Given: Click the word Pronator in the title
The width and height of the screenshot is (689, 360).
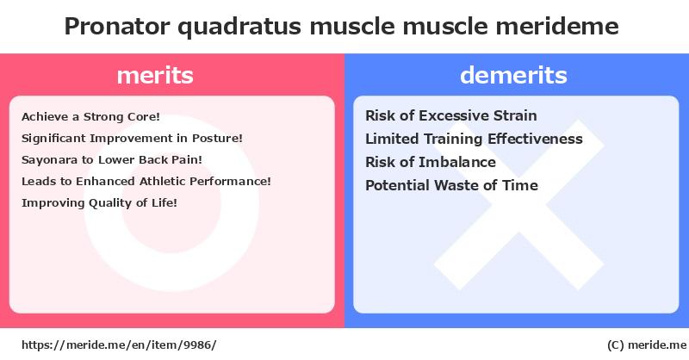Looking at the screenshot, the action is [117, 26].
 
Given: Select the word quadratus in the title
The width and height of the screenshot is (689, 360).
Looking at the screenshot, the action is [239, 28].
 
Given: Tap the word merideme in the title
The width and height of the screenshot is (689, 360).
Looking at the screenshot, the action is [557, 26].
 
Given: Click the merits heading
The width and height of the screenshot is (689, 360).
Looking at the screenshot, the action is [155, 75].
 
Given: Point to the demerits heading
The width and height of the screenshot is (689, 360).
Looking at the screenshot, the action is [513, 75].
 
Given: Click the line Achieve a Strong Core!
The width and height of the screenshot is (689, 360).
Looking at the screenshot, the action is [91, 117].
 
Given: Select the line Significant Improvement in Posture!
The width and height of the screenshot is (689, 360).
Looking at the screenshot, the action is [132, 139].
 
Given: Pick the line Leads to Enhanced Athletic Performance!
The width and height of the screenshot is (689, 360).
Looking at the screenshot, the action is [146, 181].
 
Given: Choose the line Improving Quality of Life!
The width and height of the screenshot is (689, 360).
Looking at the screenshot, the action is [99, 203].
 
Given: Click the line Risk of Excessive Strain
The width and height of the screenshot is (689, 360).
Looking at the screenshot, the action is [451, 115].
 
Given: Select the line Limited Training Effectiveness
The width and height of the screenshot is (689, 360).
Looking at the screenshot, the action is [475, 139].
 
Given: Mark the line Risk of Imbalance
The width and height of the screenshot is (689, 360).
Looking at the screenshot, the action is [431, 162].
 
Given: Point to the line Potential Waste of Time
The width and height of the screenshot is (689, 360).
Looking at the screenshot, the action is [451, 185].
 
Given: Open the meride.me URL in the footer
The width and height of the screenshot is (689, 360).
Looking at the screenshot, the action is [119, 345].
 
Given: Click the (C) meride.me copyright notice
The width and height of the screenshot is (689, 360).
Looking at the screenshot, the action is [647, 345].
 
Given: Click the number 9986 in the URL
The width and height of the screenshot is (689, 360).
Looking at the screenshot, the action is [198, 345].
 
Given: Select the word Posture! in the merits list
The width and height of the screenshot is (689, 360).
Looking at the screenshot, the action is [217, 139].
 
